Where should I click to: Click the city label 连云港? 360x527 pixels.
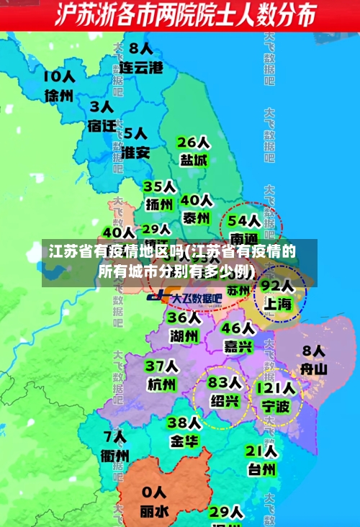click(x=141, y=68)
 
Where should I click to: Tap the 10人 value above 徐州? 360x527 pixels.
click(x=59, y=76)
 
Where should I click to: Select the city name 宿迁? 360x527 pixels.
click(x=102, y=125)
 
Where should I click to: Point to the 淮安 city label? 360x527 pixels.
click(x=135, y=153)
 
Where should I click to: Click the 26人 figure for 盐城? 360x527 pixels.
click(x=193, y=142)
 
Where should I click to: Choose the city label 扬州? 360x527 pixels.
click(x=160, y=204)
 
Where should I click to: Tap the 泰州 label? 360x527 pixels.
click(x=196, y=217)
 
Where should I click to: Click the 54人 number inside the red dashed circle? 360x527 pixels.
click(x=244, y=220)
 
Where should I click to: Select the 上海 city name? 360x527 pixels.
click(x=277, y=304)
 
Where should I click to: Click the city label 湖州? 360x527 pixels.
click(x=184, y=335)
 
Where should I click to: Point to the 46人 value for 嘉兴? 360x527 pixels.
click(x=238, y=328)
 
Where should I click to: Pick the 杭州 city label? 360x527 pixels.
click(x=161, y=384)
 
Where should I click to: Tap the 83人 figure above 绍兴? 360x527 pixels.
click(x=225, y=382)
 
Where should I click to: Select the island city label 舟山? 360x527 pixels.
click(x=314, y=369)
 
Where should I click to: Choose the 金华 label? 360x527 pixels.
click(x=184, y=441)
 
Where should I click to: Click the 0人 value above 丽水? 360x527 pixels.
click(x=154, y=494)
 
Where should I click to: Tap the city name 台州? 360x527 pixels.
click(x=262, y=469)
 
